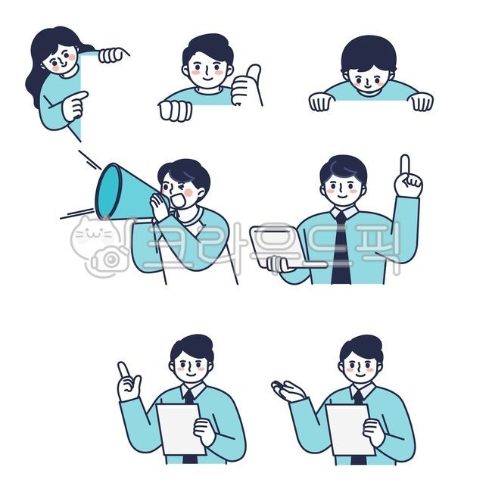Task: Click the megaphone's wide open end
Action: [x=108, y=192]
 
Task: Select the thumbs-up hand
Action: [x=246, y=85]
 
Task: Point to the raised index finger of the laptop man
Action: [x=405, y=166]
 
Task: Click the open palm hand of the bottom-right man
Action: [x=288, y=391]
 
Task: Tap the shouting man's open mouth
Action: [x=179, y=200]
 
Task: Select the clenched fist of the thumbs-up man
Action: [x=175, y=111]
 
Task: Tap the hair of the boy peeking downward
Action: [x=369, y=54]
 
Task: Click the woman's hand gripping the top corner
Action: [x=112, y=55]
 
